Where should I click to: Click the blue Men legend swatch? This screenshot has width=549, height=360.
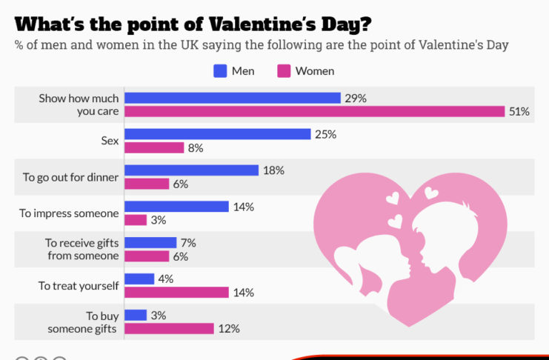pos(220,71)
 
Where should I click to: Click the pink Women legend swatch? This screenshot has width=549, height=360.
pos(284,71)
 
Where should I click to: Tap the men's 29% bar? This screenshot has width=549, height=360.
pos(233,98)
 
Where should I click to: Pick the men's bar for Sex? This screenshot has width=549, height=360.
pos(217,134)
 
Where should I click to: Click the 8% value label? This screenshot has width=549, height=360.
pos(195,148)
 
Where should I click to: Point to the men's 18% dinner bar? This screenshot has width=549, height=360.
pos(191,170)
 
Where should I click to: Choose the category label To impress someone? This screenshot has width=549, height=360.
pos(69,213)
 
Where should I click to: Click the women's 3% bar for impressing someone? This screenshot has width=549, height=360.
pos(136,220)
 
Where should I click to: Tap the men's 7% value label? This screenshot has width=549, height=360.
pos(188,242)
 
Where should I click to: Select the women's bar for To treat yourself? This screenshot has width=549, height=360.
pos(176,293)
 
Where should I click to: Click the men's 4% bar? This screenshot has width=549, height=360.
pos(139,279)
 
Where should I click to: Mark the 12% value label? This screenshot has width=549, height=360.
pos(229,329)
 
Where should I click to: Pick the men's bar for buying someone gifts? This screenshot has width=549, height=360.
pos(136,315)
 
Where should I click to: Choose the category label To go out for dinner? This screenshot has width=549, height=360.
pos(70,177)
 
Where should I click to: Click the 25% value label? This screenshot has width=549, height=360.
pos(325,134)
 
